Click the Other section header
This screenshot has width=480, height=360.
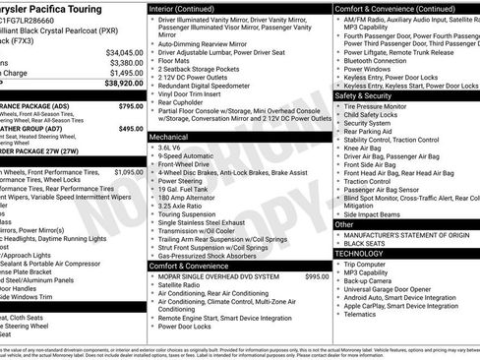[344, 224]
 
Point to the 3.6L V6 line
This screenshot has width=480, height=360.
[170, 148]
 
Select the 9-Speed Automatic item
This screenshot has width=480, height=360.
[187, 157]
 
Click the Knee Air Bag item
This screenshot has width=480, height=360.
[366, 146]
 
